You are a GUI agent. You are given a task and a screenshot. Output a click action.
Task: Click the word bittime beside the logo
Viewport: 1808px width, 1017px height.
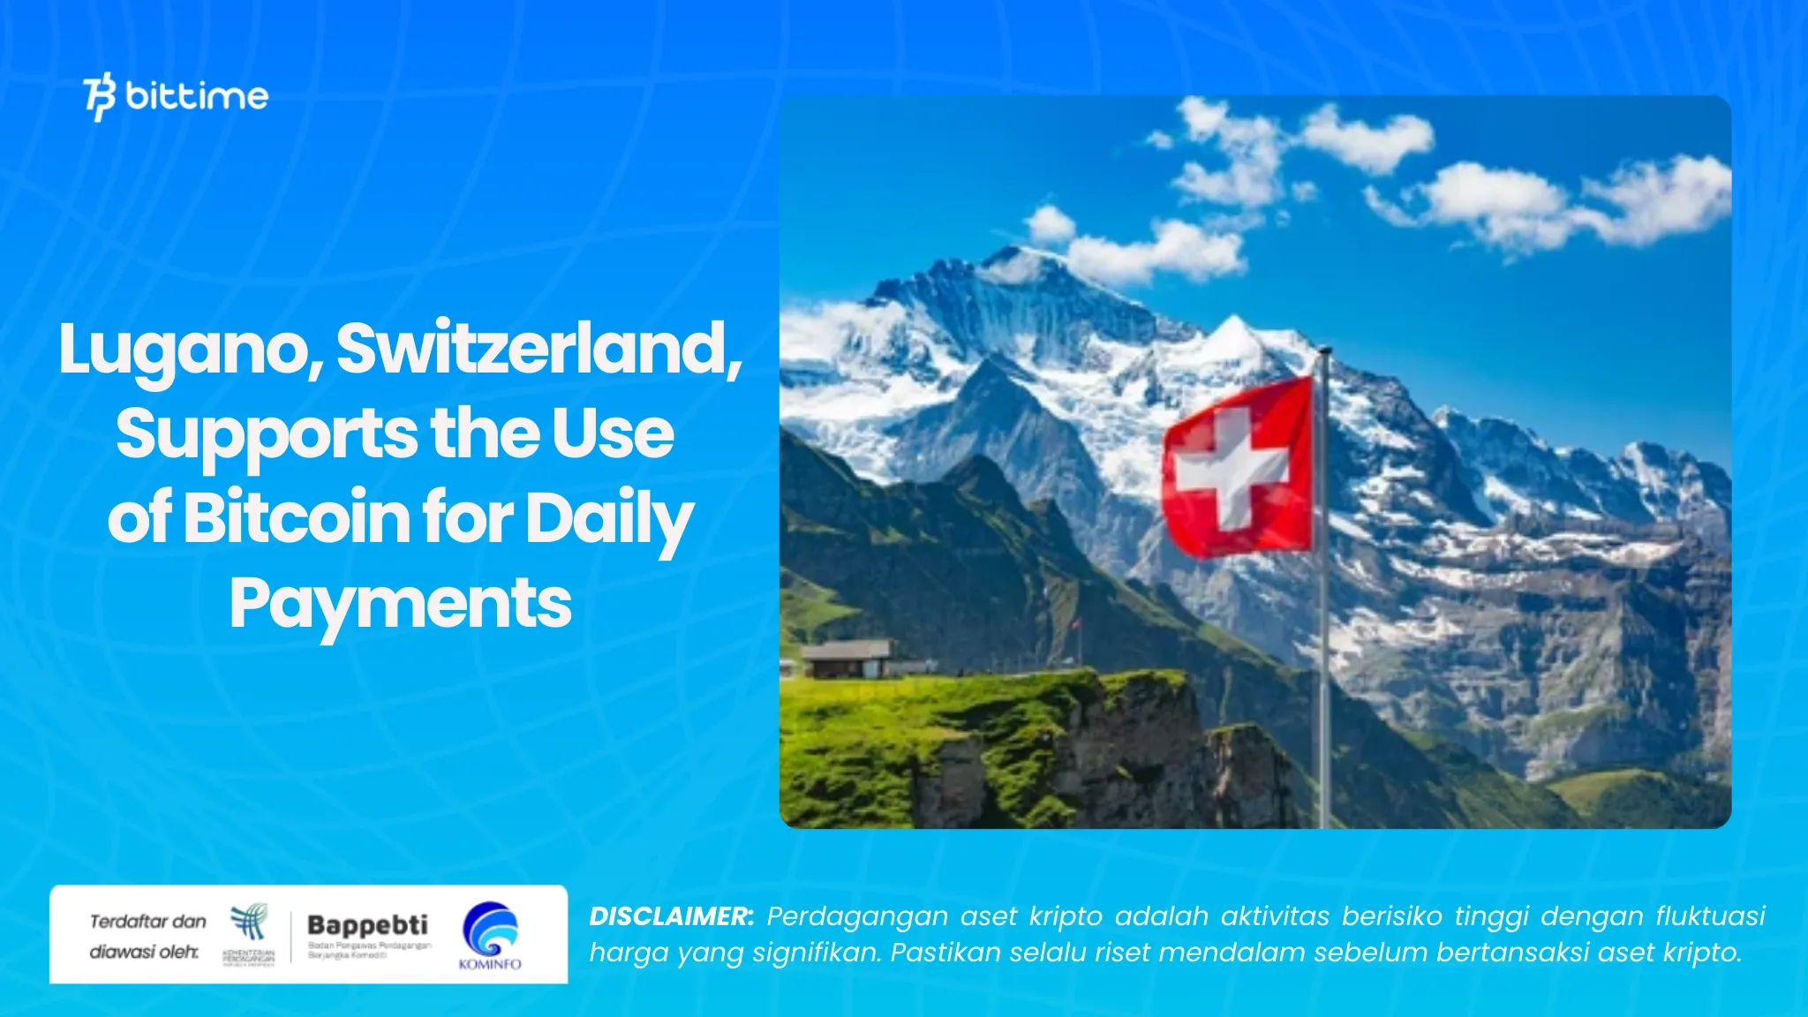pos(197,95)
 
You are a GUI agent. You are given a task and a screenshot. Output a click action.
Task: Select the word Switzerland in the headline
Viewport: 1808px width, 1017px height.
pos(539,348)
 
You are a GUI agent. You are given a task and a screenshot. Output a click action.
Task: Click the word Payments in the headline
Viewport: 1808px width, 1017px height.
pos(401,604)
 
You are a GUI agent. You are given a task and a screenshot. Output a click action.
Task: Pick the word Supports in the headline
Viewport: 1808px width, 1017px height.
pos(266,434)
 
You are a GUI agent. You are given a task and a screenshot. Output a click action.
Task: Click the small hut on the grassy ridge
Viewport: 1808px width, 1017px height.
pos(846,659)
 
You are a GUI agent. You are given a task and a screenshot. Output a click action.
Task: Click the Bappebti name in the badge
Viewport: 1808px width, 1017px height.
pos(367,924)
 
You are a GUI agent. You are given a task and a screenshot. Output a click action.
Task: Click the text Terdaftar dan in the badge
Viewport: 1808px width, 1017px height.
pos(147,922)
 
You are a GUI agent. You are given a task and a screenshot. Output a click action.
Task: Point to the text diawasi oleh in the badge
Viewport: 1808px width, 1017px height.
pos(143,952)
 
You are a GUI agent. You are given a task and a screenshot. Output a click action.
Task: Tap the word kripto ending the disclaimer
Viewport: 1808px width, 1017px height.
pos(1703,953)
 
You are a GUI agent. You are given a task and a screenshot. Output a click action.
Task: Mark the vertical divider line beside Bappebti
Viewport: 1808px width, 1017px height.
pos(291,937)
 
